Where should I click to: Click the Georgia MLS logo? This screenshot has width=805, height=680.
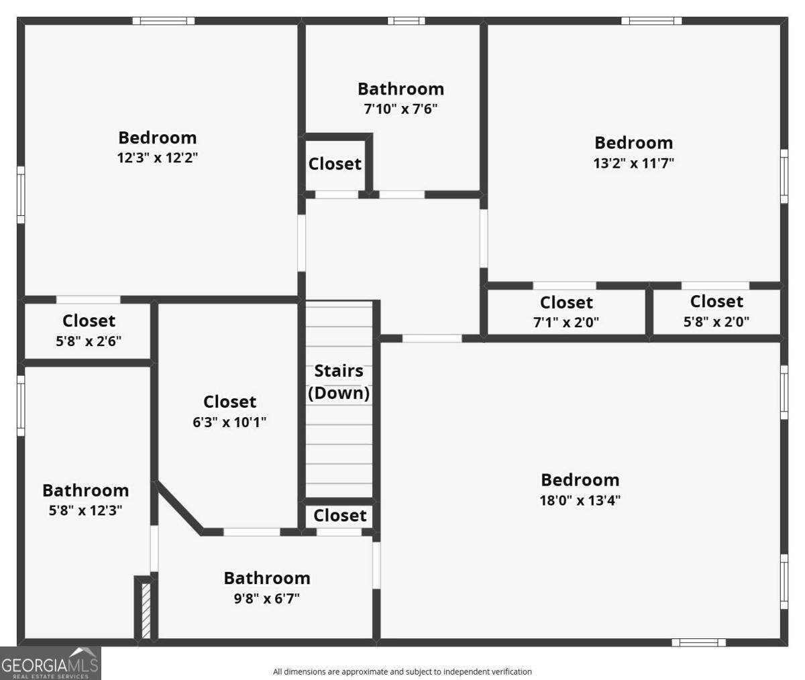click(50, 663)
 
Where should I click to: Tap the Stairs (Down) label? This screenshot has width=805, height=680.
click(339, 382)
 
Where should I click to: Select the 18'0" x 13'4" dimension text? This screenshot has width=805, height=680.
click(580, 500)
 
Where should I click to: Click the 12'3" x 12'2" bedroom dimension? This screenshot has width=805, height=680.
click(158, 158)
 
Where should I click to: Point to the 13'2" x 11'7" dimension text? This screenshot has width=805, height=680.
click(633, 162)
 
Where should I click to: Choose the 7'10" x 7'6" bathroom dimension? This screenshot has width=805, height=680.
click(400, 108)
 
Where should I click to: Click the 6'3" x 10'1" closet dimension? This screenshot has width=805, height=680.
click(229, 422)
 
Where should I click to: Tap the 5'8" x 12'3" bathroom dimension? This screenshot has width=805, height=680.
click(85, 510)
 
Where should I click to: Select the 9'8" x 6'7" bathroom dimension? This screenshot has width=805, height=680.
click(266, 598)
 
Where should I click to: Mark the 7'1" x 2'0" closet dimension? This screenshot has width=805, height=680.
click(566, 322)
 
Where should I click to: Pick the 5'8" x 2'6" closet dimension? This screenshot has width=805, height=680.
click(89, 340)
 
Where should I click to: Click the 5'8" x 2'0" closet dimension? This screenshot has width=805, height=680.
click(716, 321)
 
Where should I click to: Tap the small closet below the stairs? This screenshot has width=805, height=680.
click(339, 515)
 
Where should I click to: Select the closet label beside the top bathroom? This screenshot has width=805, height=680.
click(335, 164)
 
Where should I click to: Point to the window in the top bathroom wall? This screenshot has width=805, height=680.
click(406, 21)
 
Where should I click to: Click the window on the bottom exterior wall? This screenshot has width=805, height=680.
click(698, 642)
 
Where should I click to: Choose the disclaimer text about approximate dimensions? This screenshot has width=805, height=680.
click(402, 671)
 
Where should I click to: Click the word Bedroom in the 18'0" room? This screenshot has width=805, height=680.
click(580, 480)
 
